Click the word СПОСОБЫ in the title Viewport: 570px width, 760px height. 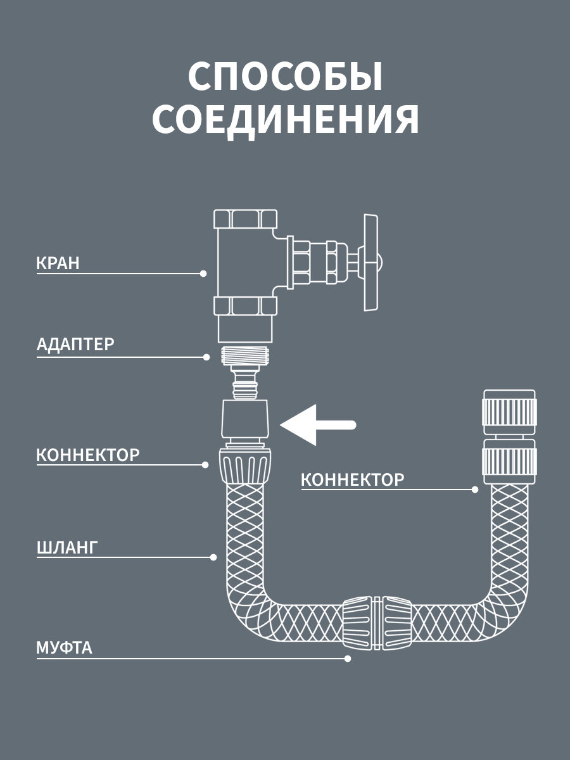point(286,77)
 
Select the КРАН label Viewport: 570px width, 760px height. point(58,263)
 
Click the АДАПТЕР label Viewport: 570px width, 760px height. point(76,345)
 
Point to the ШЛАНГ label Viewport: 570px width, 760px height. point(67,547)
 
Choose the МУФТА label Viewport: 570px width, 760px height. point(64,648)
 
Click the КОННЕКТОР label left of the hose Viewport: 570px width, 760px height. point(88,455)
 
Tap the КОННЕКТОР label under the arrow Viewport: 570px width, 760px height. point(352,479)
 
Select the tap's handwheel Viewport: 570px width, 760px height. point(372,262)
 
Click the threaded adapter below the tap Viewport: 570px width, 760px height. point(246,355)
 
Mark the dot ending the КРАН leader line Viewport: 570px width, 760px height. point(203,274)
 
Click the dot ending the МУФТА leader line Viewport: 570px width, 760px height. point(347,659)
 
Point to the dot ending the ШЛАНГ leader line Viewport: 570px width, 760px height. point(213,557)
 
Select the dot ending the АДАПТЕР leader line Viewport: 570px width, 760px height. point(206,357)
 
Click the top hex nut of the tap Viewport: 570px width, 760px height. point(246,220)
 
